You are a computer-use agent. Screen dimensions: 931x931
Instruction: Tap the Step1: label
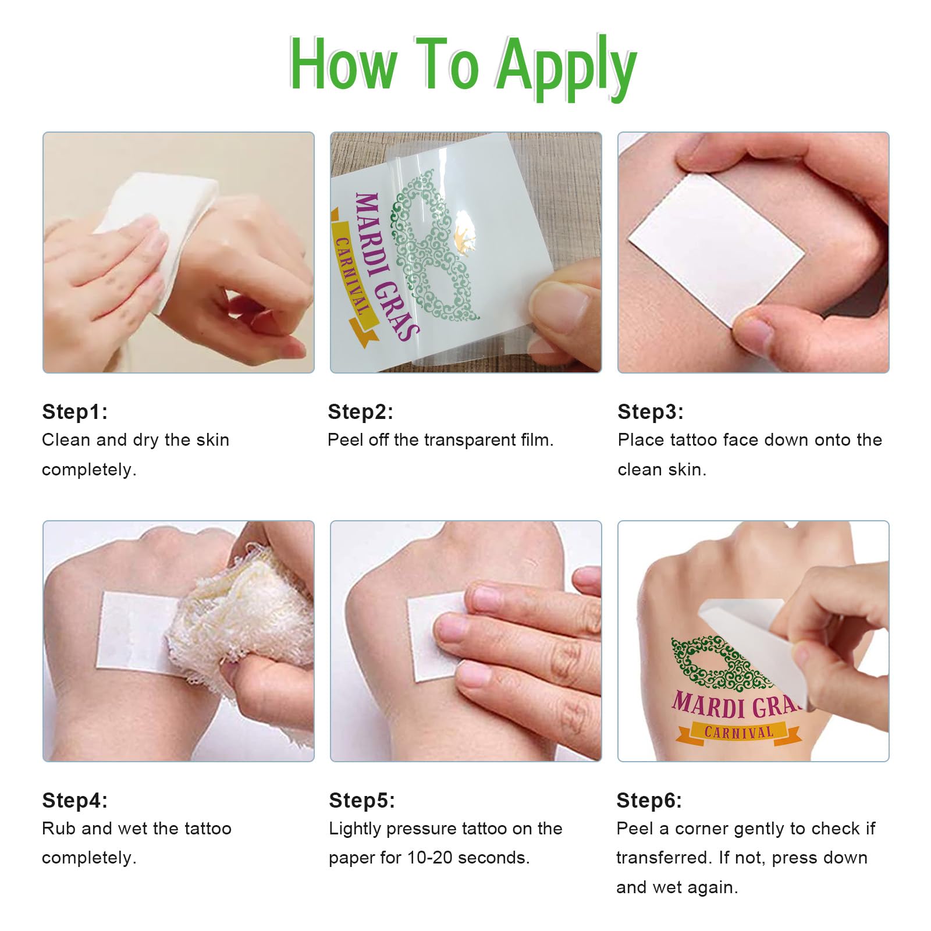75,411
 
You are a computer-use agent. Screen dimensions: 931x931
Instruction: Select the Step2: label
361,411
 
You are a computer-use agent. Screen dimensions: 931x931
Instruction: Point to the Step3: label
651,411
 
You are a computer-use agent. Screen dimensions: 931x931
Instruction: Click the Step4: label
75,800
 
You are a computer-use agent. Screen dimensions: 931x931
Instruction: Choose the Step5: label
362,800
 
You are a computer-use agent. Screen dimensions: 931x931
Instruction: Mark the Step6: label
649,800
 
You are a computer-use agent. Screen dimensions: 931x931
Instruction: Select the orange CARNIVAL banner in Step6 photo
739,732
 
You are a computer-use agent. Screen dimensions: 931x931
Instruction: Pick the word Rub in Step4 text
59,829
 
